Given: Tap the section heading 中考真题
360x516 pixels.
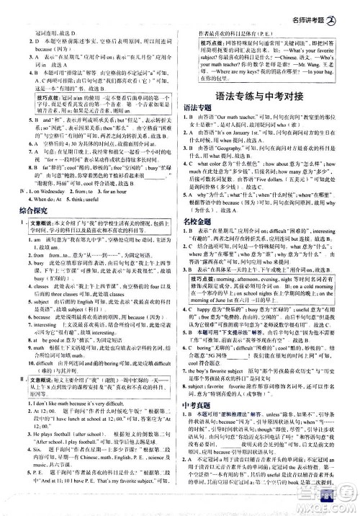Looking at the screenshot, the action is [205, 408].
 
